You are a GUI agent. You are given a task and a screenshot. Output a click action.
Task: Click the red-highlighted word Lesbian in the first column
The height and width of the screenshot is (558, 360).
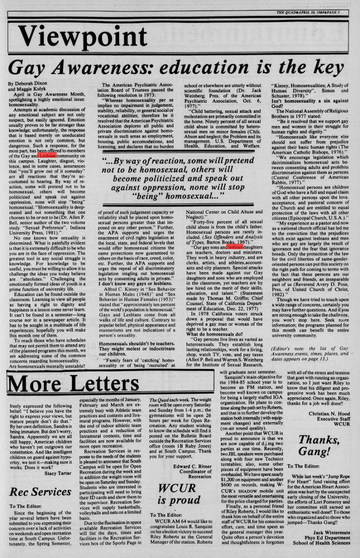click(47, 156)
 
